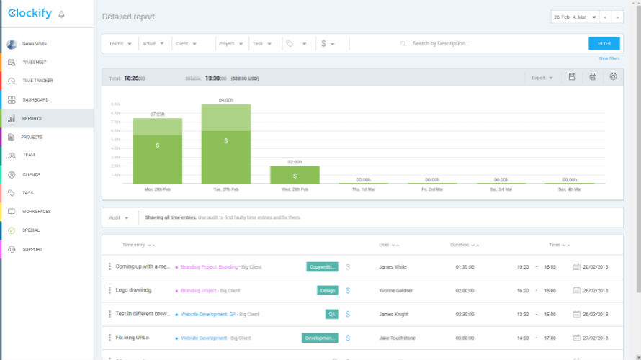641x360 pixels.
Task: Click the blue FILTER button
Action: [x=604, y=43]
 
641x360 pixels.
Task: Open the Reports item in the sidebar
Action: [x=32, y=118]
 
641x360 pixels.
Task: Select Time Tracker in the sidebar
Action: [x=37, y=81]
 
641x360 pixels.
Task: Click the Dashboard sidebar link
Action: [x=35, y=99]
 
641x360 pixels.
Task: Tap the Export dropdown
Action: [x=542, y=78]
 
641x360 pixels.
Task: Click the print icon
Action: [x=593, y=77]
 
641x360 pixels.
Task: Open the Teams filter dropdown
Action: [x=120, y=43]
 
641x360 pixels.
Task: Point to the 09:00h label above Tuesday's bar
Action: [x=226, y=100]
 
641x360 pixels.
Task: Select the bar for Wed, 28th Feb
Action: [x=295, y=175]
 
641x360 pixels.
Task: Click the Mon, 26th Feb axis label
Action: [x=157, y=189]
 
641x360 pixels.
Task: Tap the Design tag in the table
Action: [x=328, y=291]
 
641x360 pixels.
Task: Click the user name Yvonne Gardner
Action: [x=396, y=291]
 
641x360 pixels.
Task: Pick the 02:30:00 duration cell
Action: [x=465, y=314]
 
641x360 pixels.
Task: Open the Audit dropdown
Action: [x=119, y=217]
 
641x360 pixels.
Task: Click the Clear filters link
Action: [x=609, y=58]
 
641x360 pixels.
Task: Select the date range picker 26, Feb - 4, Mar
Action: [x=575, y=17]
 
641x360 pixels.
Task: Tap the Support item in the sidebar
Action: [x=32, y=249]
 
